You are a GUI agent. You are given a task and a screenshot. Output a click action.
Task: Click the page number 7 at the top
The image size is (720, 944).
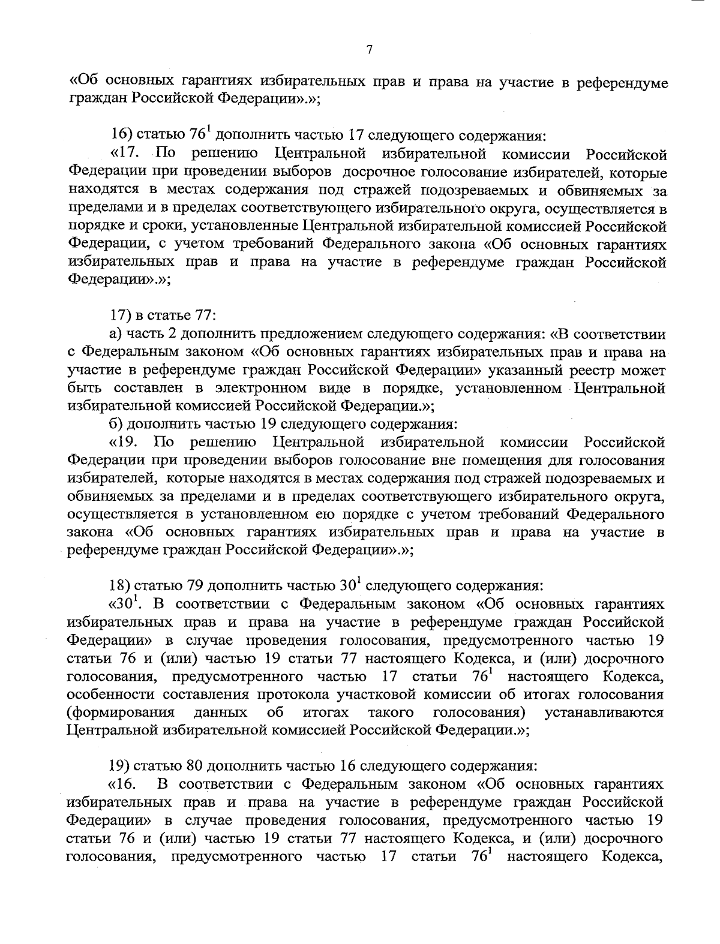370,50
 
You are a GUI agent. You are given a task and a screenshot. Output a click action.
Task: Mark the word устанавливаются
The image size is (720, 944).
604,712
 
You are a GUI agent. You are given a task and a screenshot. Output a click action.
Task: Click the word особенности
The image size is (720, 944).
107,695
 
